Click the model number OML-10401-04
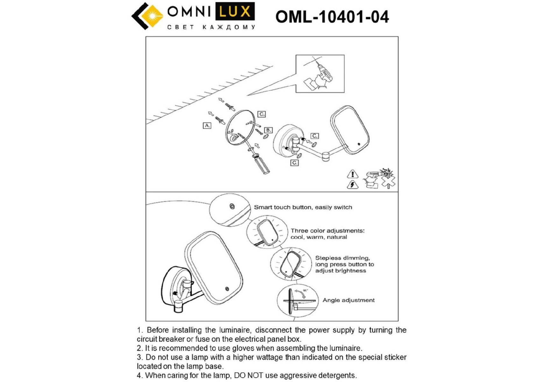point(332,17)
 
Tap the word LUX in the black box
point(235,12)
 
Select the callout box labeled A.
point(207,125)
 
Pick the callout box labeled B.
point(268,130)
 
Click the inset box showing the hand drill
point(320,74)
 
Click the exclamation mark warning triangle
point(352,174)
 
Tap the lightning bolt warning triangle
point(352,185)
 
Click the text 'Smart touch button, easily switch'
point(303,207)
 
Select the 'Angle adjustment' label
point(348,300)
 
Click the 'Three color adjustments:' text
point(327,230)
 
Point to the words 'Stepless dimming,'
point(342,258)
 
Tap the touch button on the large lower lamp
point(227,289)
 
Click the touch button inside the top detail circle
point(232,206)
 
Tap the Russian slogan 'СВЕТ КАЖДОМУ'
point(211,27)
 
